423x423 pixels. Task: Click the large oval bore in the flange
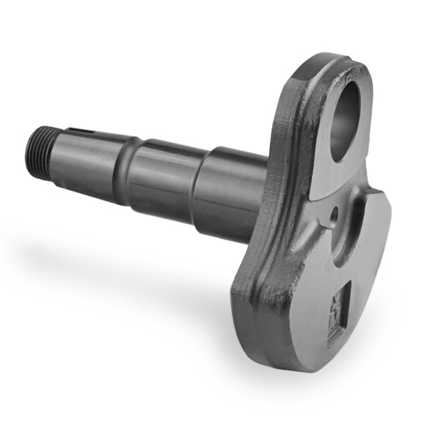(344, 120)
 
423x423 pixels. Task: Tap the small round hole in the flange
(334, 216)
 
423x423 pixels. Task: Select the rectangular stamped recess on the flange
(338, 311)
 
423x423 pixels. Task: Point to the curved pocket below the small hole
(354, 233)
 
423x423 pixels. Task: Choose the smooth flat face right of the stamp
(368, 292)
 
